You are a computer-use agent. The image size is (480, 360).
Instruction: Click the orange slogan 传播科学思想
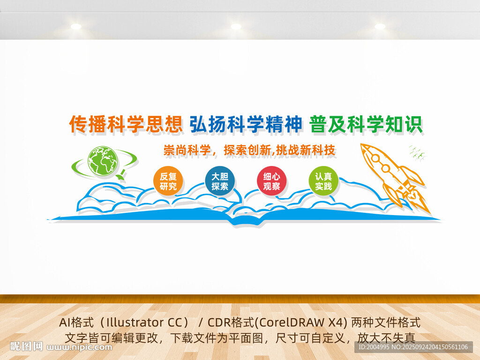(126, 124)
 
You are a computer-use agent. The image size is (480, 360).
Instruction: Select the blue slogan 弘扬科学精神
(246, 124)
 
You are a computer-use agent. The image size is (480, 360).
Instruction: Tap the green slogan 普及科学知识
(366, 124)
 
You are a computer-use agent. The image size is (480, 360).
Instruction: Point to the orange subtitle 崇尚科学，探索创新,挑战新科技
(249, 150)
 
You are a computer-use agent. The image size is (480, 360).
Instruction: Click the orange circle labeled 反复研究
(168, 181)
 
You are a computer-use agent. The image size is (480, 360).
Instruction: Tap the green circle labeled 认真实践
(323, 181)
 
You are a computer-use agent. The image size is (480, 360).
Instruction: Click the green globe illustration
(103, 161)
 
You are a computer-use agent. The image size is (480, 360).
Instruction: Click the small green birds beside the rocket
(417, 153)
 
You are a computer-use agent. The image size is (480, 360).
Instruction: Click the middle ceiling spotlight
(236, 26)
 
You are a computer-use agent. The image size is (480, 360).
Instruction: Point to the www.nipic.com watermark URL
(79, 347)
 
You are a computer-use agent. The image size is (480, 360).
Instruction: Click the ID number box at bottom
(413, 347)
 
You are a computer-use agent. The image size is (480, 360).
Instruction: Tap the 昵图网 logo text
(27, 346)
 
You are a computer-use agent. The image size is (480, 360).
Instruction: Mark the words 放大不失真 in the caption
(386, 337)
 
